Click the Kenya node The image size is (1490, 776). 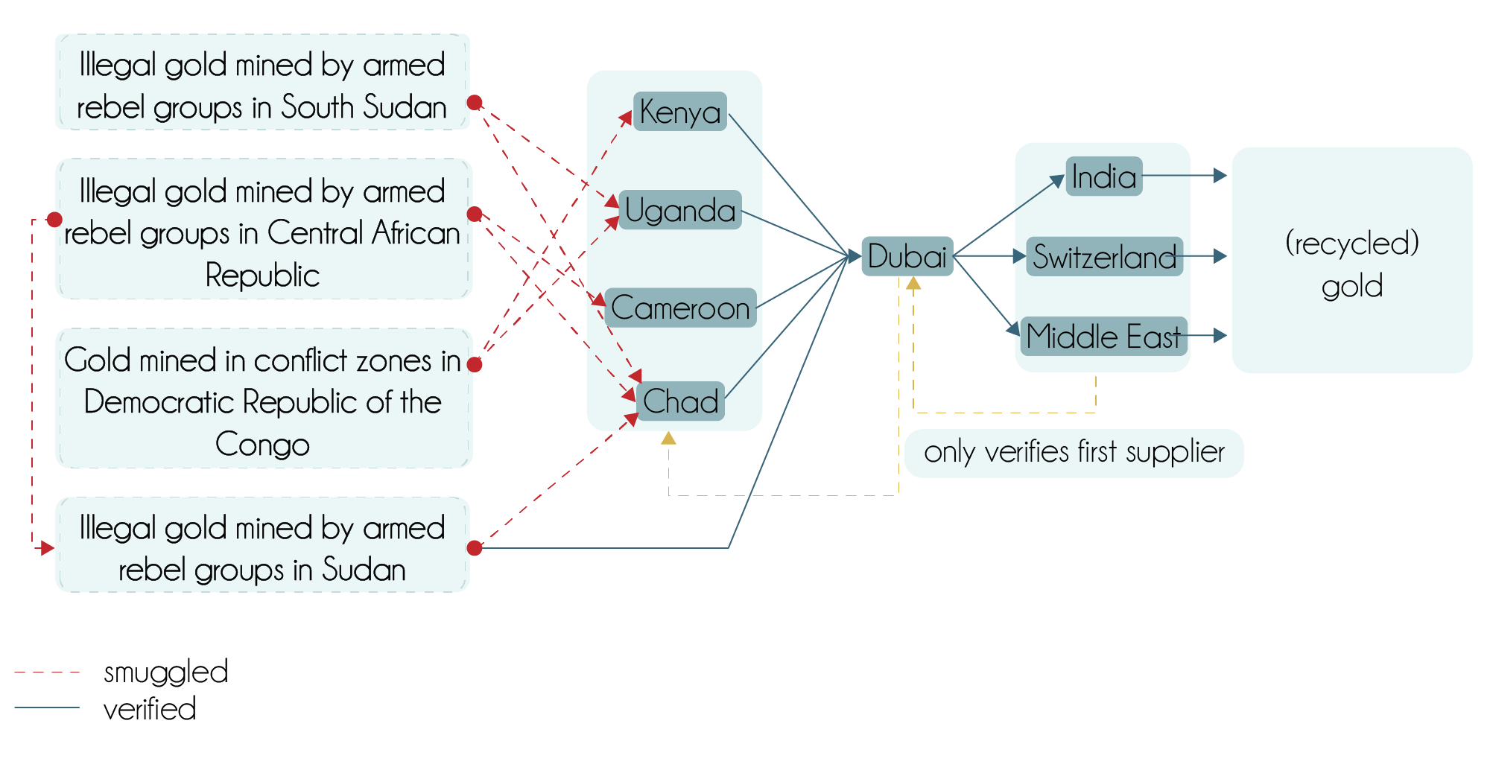pyautogui.click(x=679, y=112)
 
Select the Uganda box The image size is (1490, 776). pyautogui.click(x=679, y=210)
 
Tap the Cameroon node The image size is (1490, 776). pyautogui.click(x=679, y=308)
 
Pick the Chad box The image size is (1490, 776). pyautogui.click(x=679, y=401)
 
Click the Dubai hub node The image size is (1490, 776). pyautogui.click(x=907, y=256)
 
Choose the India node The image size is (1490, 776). pyautogui.click(x=1103, y=176)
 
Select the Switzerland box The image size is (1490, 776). pyautogui.click(x=1104, y=257)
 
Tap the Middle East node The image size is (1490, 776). pyautogui.click(x=1103, y=336)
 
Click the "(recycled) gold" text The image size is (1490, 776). pyautogui.click(x=1351, y=264)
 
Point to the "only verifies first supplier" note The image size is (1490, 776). pyautogui.click(x=1074, y=452)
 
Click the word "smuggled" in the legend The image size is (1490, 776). pyautogui.click(x=165, y=672)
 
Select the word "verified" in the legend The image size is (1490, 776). pyautogui.click(x=149, y=709)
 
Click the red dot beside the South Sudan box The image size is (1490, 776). pyautogui.click(x=475, y=102)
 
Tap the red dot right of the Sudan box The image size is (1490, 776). pyautogui.click(x=475, y=548)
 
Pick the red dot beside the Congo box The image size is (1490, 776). pyautogui.click(x=475, y=364)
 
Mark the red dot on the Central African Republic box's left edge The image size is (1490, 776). pyautogui.click(x=54, y=219)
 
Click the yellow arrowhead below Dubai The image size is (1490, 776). pyautogui.click(x=913, y=283)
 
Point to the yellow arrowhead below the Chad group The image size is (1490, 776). pyautogui.click(x=668, y=438)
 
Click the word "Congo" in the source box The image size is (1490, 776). pyautogui.click(x=262, y=445)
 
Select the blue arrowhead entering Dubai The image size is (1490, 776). pyautogui.click(x=854, y=256)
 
